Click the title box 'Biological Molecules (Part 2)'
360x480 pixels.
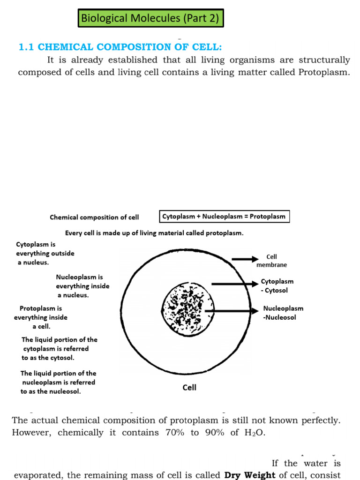[x=150, y=18]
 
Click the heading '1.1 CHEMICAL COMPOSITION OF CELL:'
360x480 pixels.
[x=120, y=47]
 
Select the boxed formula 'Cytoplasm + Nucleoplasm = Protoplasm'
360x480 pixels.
[x=224, y=217]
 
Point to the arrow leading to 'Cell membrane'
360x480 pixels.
[x=245, y=259]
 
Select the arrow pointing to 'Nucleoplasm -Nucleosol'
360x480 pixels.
[x=233, y=311]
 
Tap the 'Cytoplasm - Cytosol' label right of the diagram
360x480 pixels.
[x=277, y=286]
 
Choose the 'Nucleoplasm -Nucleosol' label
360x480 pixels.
[x=283, y=313]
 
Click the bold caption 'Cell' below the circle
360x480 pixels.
[x=189, y=388]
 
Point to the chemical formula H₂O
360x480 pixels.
[x=254, y=433]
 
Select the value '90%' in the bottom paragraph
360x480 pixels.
[x=214, y=433]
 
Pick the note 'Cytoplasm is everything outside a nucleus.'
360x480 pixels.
[x=45, y=254]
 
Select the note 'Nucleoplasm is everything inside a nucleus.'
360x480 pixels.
[x=82, y=286]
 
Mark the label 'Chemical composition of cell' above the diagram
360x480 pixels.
[x=94, y=217]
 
